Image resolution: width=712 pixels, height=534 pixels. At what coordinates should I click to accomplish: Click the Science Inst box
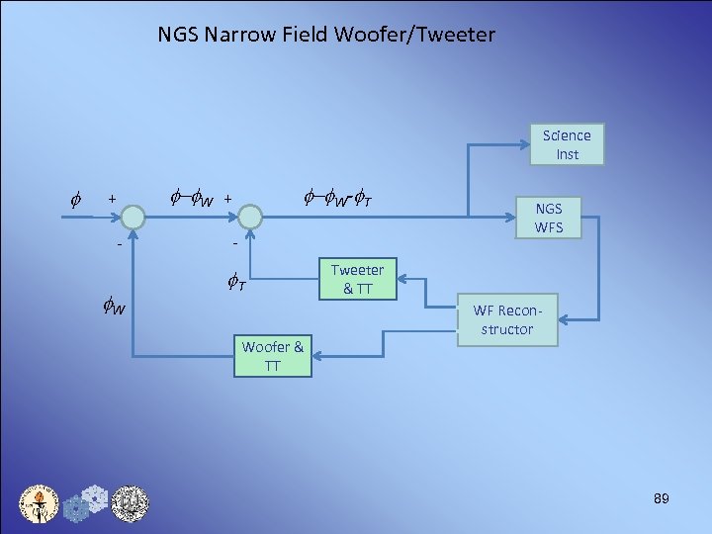tap(567, 144)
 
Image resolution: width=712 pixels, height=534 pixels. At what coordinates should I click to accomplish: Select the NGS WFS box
tap(548, 218)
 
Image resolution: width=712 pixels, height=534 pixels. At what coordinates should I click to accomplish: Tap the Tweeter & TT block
tap(356, 279)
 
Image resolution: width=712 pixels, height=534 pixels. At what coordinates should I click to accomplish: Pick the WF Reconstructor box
tap(506, 319)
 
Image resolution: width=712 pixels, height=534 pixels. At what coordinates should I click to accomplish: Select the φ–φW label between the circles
tap(192, 201)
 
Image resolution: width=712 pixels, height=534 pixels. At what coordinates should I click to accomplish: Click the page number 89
tap(661, 499)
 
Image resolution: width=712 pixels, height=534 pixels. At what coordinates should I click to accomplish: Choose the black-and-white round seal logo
tap(129, 504)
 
